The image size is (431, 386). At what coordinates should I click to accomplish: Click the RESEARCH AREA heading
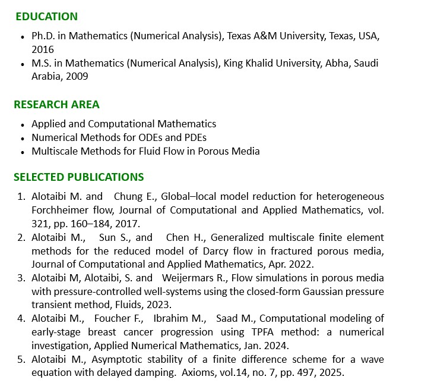pos(56,105)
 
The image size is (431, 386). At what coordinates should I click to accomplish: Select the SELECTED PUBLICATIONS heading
pos(78,177)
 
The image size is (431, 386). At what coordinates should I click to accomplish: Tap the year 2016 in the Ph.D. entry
pos(43,49)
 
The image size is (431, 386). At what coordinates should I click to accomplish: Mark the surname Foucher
pos(111,318)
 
